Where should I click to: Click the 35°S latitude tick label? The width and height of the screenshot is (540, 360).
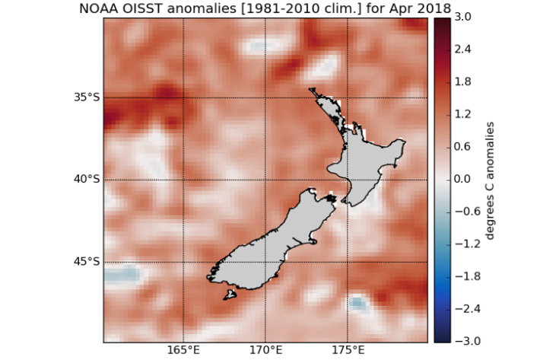click(x=86, y=98)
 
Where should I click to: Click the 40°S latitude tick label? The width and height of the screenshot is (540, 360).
click(x=86, y=180)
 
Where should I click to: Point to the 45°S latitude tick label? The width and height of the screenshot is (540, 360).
click(x=86, y=262)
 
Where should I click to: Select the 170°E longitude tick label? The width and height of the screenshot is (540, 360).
click(x=265, y=351)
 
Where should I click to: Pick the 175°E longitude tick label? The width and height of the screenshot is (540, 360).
click(x=347, y=351)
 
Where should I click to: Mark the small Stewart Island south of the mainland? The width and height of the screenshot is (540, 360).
click(x=229, y=294)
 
